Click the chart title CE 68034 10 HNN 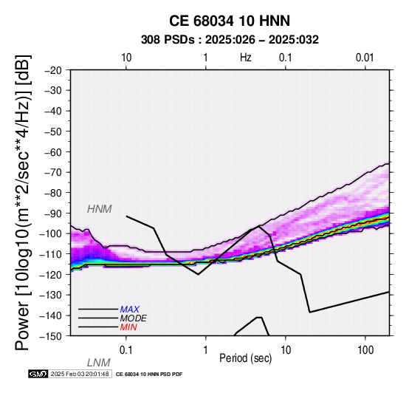click(230, 21)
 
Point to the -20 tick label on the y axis click(53, 70)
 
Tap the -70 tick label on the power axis click(53, 172)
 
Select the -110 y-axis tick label click(51, 253)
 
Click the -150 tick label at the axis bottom click(51, 336)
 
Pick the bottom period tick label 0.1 click(126, 350)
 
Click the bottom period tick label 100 click(365, 350)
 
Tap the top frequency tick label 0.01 click(365, 58)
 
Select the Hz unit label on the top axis click(246, 58)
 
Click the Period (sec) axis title click(245, 358)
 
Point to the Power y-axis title click(23, 202)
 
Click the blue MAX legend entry click(130, 310)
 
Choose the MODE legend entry click(134, 318)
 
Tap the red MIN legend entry click(128, 327)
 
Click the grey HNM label click(100, 209)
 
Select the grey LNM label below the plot click(99, 363)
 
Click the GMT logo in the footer click(38, 374)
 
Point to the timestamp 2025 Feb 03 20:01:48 click(80, 374)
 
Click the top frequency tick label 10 click(126, 58)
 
